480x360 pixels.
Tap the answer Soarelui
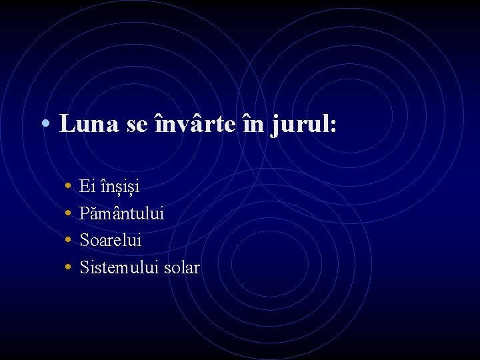[110, 240]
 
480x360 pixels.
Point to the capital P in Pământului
[84, 213]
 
